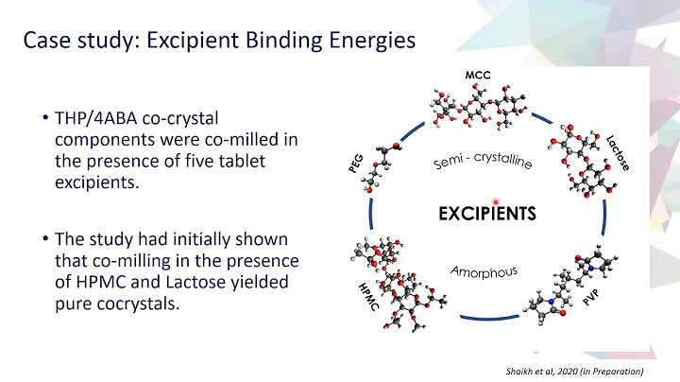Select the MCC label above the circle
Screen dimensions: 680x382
point(477,75)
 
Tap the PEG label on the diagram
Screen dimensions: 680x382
point(356,163)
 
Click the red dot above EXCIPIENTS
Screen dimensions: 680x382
point(495,200)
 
